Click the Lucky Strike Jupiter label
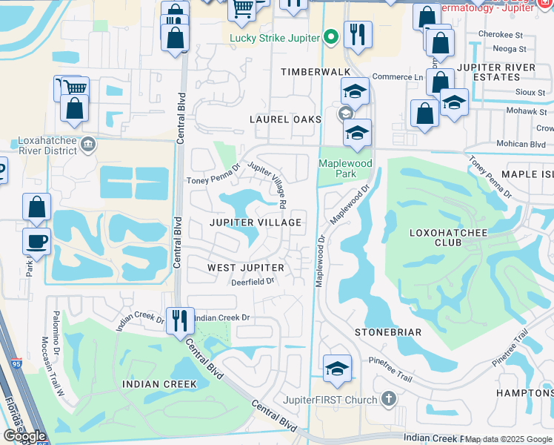click(275, 39)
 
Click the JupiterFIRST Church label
click(330, 400)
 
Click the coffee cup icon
click(36, 240)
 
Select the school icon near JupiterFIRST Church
click(337, 369)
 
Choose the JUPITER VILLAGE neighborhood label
click(255, 222)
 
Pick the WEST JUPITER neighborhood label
click(245, 267)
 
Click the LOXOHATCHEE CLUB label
click(441, 237)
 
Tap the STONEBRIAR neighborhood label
click(387, 332)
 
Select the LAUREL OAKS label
click(285, 119)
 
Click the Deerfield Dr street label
click(253, 281)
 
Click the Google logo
click(24, 436)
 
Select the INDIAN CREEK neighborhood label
click(160, 384)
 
